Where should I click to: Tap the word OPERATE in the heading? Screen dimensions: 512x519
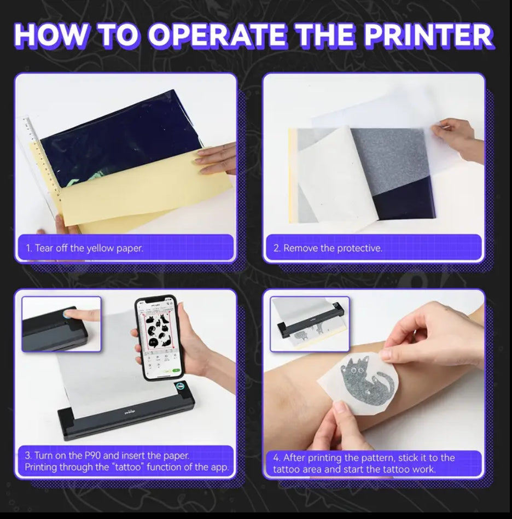[x=216, y=35]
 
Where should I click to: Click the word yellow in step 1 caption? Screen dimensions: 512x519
[x=100, y=248]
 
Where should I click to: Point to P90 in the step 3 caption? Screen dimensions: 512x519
[x=93, y=456]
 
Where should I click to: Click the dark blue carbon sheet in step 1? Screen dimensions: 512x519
[x=119, y=139]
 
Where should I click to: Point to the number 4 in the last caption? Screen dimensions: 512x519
[x=276, y=458]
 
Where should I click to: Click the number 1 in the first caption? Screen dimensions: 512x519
[x=28, y=248]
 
